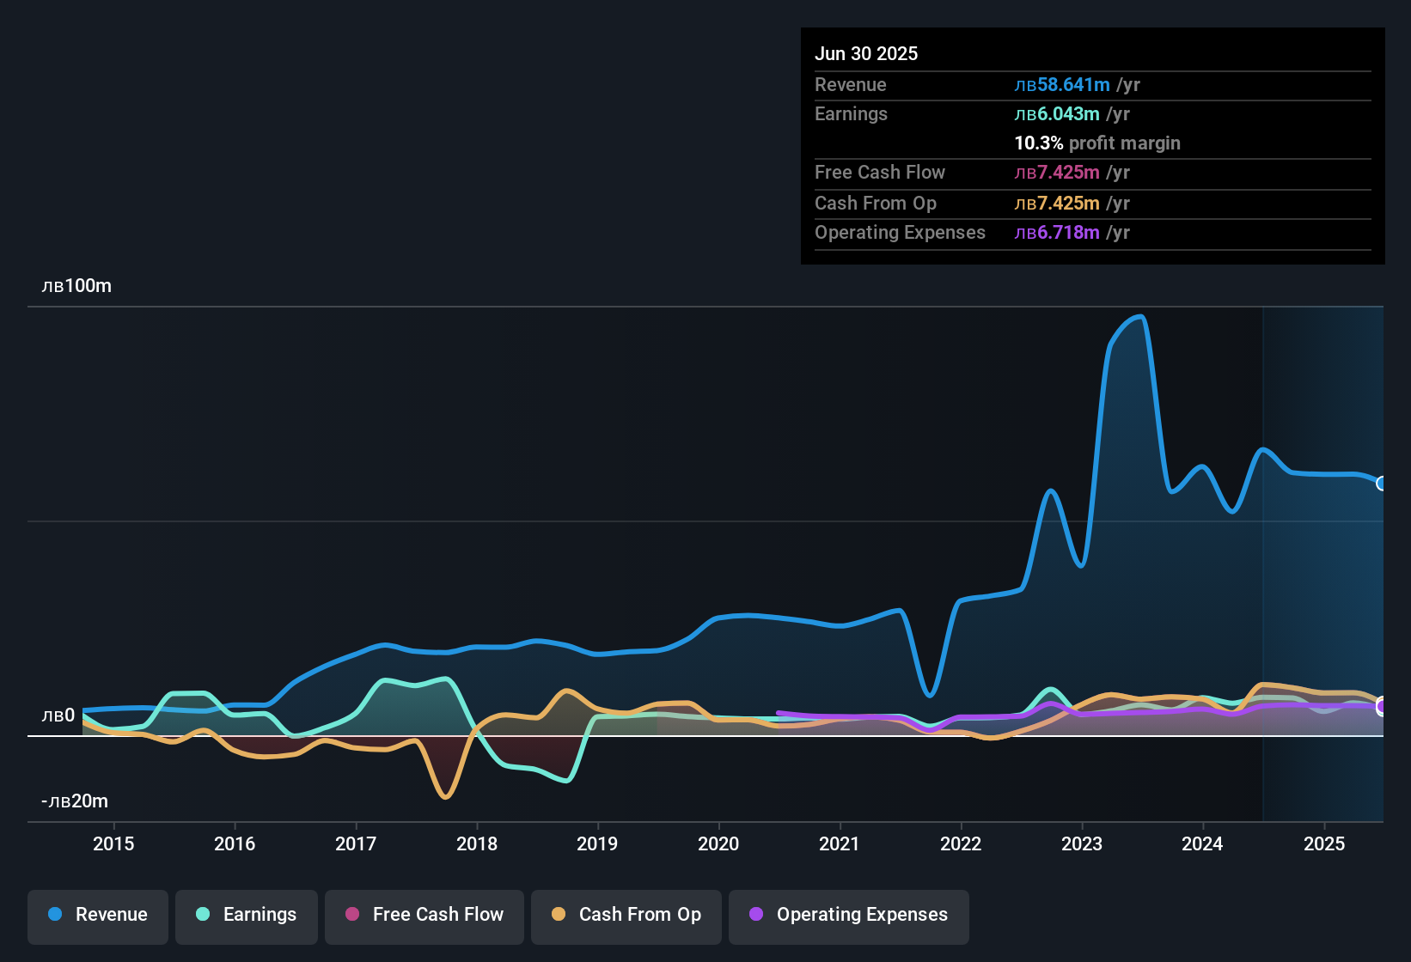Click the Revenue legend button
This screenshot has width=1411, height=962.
(98, 915)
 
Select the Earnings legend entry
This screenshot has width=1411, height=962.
(247, 915)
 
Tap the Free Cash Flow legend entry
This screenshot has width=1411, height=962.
(425, 915)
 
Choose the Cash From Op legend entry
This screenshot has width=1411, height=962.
(626, 915)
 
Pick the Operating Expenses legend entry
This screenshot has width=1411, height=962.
(849, 915)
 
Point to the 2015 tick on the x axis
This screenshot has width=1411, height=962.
(113, 843)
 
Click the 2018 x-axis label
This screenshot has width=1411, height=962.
(477, 843)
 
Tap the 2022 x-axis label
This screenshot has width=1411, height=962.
(961, 843)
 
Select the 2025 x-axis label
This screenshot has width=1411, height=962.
(1324, 843)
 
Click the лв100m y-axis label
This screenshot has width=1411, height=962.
(76, 286)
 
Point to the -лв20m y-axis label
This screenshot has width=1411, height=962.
(75, 801)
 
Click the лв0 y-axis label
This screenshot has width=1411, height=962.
(58, 715)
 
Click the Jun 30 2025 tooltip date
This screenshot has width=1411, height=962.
(866, 53)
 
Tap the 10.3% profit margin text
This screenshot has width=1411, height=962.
(1097, 143)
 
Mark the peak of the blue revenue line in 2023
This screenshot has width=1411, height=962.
(1140, 317)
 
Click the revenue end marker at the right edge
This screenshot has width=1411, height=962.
(1382, 484)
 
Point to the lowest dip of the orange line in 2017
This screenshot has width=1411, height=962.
(444, 797)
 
